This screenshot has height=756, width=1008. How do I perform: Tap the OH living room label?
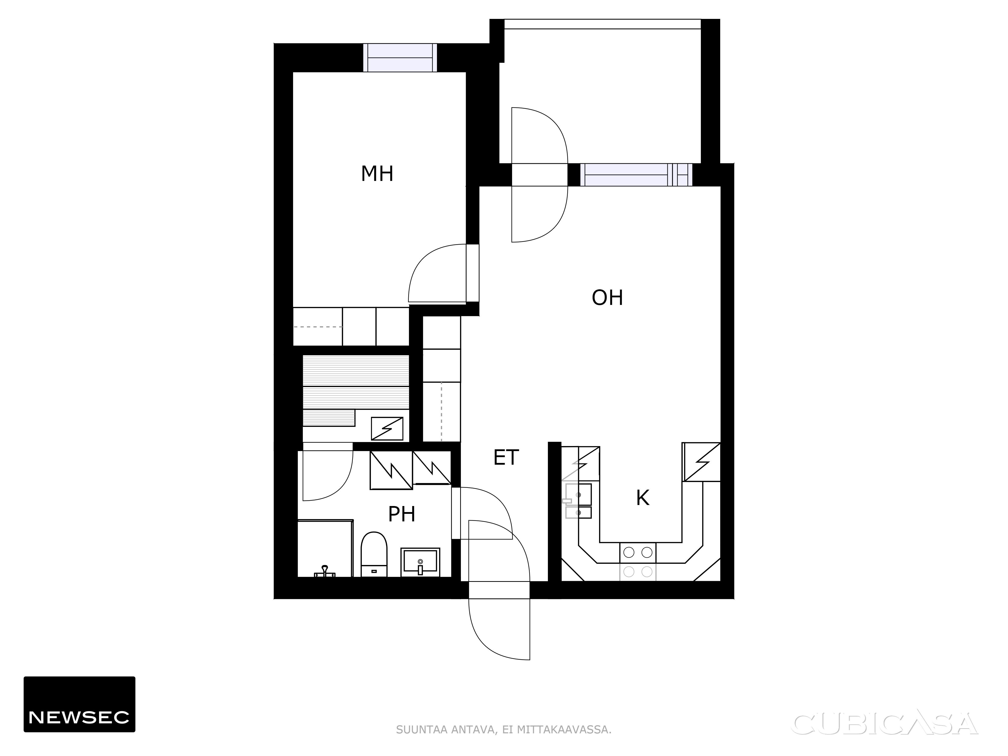607,298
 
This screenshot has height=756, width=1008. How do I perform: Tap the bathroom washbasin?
420,562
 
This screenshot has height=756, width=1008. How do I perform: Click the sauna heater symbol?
387,429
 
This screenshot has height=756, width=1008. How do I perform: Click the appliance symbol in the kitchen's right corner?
701,462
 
